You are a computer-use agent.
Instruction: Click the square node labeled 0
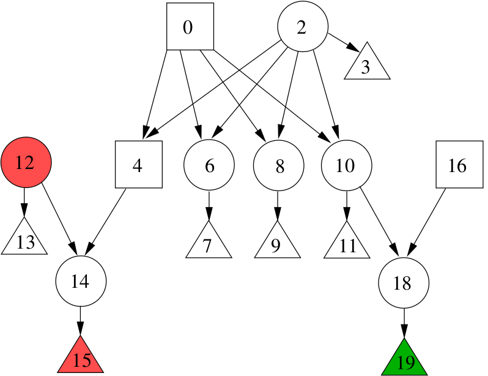[190, 26]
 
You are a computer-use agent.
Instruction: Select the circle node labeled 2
[303, 26]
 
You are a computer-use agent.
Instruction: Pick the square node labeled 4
[138, 165]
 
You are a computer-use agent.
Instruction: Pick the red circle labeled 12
[26, 162]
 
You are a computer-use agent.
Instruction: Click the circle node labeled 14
[81, 281]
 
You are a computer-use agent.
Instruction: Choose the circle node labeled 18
[404, 282]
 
